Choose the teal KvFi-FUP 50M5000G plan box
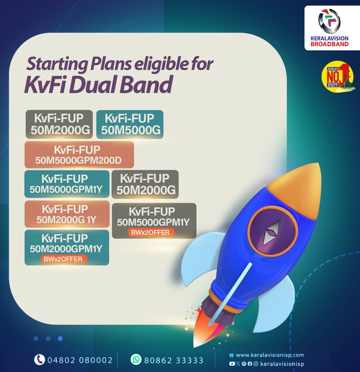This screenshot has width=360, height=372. (129, 124)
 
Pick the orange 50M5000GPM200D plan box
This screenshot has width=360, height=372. (79, 155)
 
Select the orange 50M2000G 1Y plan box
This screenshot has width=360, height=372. (66, 213)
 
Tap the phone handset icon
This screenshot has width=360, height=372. (39, 360)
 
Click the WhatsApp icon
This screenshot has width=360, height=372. (136, 360)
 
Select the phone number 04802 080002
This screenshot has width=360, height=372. (80, 360)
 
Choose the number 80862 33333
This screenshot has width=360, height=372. (174, 360)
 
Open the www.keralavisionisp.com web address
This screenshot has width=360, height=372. (270, 355)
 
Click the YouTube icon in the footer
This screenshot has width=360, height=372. (232, 364)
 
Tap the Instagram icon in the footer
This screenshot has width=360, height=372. (255, 364)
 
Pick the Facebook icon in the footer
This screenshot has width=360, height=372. (249, 364)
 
